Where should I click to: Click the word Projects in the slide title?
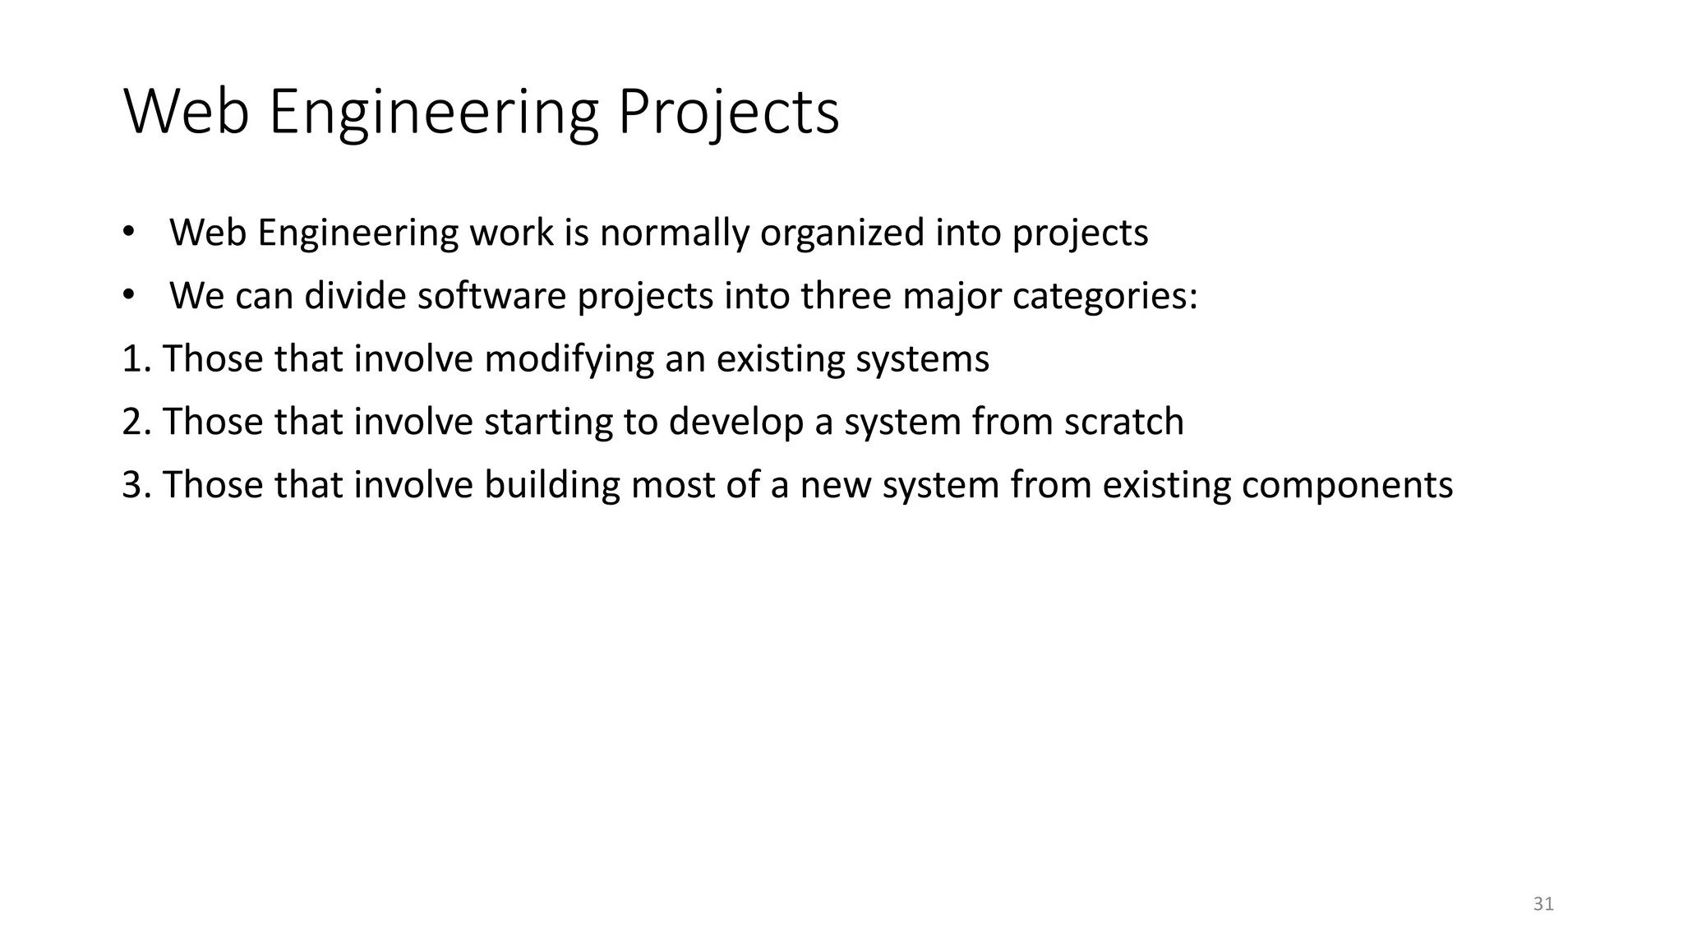coord(728,113)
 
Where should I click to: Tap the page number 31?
coord(1543,904)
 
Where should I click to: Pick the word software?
coord(491,296)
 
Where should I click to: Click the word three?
coord(846,296)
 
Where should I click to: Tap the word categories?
coord(1104,296)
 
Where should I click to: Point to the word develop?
coord(735,422)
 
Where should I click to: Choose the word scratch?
coord(1123,422)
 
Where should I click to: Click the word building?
coord(551,485)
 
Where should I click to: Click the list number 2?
coord(134,422)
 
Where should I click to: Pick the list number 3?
coord(134,485)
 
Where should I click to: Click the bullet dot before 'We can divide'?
coord(127,294)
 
